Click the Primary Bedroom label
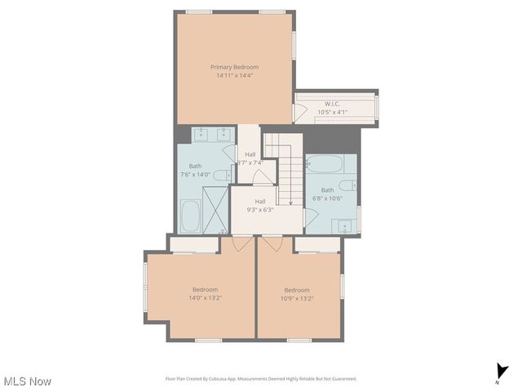pyautogui.click(x=234, y=67)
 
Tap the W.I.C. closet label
pyautogui.click(x=332, y=104)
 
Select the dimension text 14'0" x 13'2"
pyautogui.click(x=206, y=298)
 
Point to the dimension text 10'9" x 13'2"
pyautogui.click(x=297, y=298)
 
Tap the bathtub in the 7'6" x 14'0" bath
pyautogui.click(x=189, y=216)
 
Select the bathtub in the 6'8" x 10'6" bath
pyautogui.click(x=325, y=163)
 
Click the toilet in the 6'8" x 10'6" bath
pyautogui.click(x=347, y=185)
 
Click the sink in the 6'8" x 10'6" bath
pyautogui.click(x=346, y=225)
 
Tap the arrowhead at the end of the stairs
pyautogui.click(x=290, y=203)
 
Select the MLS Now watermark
pyautogui.click(x=28, y=381)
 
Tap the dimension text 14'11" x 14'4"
pyautogui.click(x=234, y=75)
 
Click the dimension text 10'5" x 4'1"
pyautogui.click(x=332, y=112)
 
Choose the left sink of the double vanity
pyautogui.click(x=201, y=135)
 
